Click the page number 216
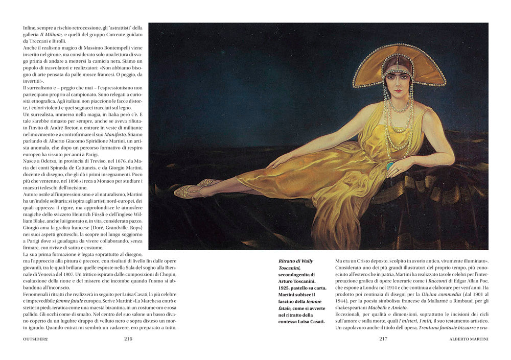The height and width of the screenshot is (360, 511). (128, 338)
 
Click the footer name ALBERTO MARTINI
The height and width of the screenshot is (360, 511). (469, 338)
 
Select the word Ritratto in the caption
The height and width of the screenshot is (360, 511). (289, 260)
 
